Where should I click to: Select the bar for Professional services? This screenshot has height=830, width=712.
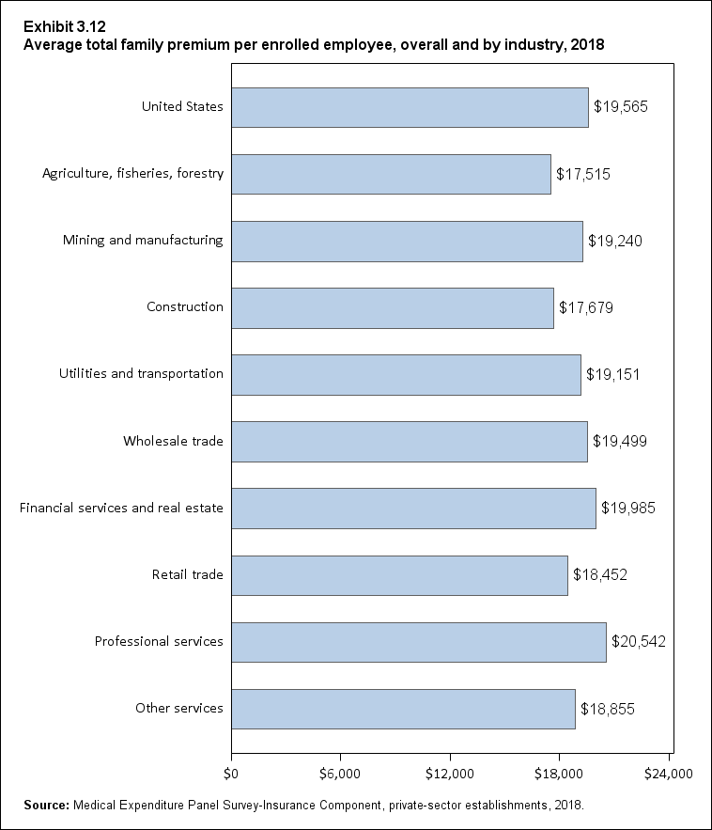(x=418, y=642)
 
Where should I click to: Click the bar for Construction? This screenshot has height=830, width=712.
(x=392, y=307)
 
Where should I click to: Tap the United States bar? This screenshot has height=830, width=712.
(x=410, y=107)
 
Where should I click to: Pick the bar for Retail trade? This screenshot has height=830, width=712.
(x=399, y=575)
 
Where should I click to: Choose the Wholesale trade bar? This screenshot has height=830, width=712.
(x=409, y=441)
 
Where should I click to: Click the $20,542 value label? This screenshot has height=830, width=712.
(x=639, y=642)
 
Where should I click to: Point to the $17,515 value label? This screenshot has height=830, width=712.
(x=583, y=174)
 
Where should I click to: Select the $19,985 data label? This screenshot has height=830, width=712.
(x=628, y=509)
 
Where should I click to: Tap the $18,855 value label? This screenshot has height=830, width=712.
(x=608, y=709)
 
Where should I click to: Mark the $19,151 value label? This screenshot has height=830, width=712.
(x=613, y=374)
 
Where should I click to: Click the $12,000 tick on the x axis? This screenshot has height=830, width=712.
(x=450, y=773)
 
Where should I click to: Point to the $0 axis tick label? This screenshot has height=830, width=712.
(x=231, y=773)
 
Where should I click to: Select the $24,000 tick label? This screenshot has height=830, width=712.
(x=669, y=773)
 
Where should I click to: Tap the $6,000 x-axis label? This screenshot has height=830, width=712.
(x=340, y=773)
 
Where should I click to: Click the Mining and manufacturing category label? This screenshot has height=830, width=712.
(x=143, y=240)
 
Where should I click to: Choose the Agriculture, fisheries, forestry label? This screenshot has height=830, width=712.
(x=132, y=174)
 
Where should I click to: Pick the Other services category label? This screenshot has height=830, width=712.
(x=178, y=708)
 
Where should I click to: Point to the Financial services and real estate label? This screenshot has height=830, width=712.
(x=121, y=509)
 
